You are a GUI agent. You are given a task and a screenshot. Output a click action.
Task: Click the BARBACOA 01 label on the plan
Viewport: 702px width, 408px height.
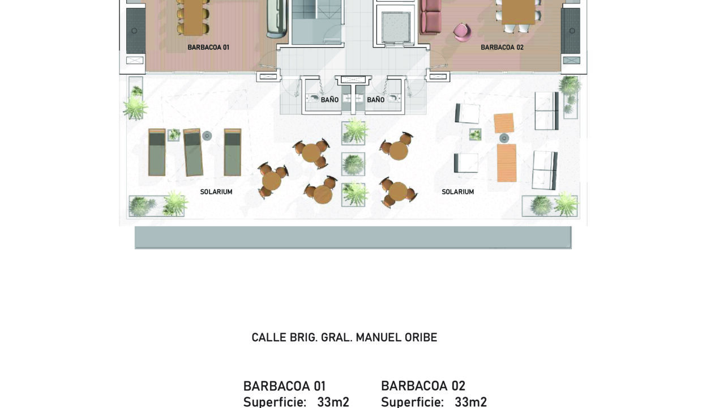[x=208, y=48]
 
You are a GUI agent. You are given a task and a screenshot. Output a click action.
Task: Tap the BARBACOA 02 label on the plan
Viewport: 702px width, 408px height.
[x=502, y=48]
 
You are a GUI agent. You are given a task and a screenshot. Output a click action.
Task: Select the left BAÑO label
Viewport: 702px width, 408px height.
[x=329, y=100]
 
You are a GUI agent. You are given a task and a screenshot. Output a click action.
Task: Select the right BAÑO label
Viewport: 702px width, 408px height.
[x=376, y=100]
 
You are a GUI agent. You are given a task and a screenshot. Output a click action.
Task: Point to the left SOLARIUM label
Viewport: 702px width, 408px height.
[x=216, y=192]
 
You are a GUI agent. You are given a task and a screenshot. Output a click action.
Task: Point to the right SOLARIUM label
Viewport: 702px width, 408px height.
[x=458, y=192]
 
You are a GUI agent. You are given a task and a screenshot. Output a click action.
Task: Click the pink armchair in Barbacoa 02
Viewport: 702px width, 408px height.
[x=463, y=32]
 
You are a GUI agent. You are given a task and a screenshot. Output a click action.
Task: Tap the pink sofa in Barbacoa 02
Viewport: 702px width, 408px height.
[x=430, y=16]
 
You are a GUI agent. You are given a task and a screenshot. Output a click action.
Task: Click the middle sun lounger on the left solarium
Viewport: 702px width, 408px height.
[x=192, y=152]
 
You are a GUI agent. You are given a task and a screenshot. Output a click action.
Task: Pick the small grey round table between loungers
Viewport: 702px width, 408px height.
[x=207, y=136]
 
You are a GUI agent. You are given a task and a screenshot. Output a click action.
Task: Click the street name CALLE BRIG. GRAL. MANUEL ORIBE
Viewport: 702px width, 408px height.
[x=344, y=337]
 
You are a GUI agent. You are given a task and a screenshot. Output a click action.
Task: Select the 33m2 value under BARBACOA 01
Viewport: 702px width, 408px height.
[x=333, y=402]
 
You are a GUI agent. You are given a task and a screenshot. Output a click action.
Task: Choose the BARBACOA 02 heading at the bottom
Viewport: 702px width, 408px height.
[x=423, y=386]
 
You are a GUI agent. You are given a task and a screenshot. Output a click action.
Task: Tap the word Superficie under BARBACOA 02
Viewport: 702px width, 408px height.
[x=412, y=402]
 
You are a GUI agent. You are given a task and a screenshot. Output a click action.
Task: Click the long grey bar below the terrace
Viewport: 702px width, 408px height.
[x=353, y=237]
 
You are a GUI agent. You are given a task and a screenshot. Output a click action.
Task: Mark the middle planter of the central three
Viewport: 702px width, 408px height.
[x=353, y=164]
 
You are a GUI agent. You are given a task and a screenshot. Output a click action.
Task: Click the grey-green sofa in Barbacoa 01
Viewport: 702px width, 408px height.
[x=277, y=18]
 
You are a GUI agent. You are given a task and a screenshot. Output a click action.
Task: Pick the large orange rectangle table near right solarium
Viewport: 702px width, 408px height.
[x=507, y=163]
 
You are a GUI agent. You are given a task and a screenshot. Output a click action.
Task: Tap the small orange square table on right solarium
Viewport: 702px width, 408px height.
[x=504, y=123]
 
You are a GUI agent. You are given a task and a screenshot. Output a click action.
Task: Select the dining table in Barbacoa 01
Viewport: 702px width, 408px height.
[x=194, y=17]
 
